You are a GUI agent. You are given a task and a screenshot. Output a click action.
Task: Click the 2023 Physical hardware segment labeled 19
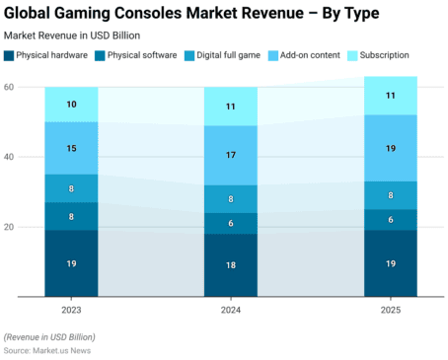71,263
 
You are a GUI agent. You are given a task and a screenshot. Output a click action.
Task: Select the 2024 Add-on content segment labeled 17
231,155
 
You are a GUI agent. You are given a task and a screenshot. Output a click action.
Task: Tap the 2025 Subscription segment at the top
391,96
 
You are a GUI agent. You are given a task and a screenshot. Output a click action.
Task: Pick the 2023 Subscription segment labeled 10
71,105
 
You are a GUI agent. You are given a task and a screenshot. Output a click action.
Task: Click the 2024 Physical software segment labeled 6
231,224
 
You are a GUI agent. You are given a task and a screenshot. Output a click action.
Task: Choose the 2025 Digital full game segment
391,195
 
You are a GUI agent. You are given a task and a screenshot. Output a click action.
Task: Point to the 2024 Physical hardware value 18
231,265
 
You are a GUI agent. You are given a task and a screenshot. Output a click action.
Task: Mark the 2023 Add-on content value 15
71,149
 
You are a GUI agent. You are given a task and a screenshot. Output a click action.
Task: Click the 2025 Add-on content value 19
391,148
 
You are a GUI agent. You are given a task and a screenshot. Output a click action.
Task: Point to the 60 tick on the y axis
9,88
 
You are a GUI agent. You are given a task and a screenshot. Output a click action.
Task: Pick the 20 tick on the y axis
9,227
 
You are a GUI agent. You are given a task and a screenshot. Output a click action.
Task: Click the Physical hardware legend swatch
10,55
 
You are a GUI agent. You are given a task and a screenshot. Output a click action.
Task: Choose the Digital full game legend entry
226,55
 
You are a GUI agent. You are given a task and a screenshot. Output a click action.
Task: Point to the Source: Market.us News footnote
49,350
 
